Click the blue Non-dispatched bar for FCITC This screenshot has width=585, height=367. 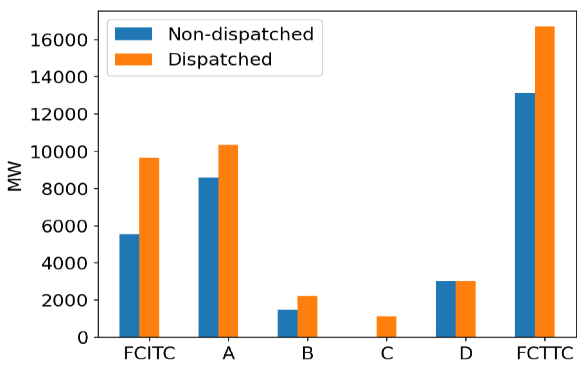[x=129, y=285]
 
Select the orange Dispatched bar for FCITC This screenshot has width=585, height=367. [x=149, y=247]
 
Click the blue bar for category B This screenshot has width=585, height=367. [x=287, y=323]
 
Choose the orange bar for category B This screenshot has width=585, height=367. [x=307, y=316]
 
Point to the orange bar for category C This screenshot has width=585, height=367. [x=387, y=326]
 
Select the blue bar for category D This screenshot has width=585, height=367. [x=445, y=309]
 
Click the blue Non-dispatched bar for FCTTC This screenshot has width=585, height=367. [x=524, y=215]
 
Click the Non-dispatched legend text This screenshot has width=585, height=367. [x=241, y=34]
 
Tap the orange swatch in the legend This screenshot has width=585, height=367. [x=134, y=59]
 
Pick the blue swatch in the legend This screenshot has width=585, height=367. [x=134, y=34]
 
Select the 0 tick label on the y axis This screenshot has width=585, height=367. [x=83, y=338]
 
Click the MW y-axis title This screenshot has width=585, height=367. [x=15, y=176]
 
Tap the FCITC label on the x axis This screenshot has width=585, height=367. [x=149, y=354]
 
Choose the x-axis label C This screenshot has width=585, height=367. [x=387, y=354]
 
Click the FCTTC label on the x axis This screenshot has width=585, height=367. [x=545, y=354]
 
